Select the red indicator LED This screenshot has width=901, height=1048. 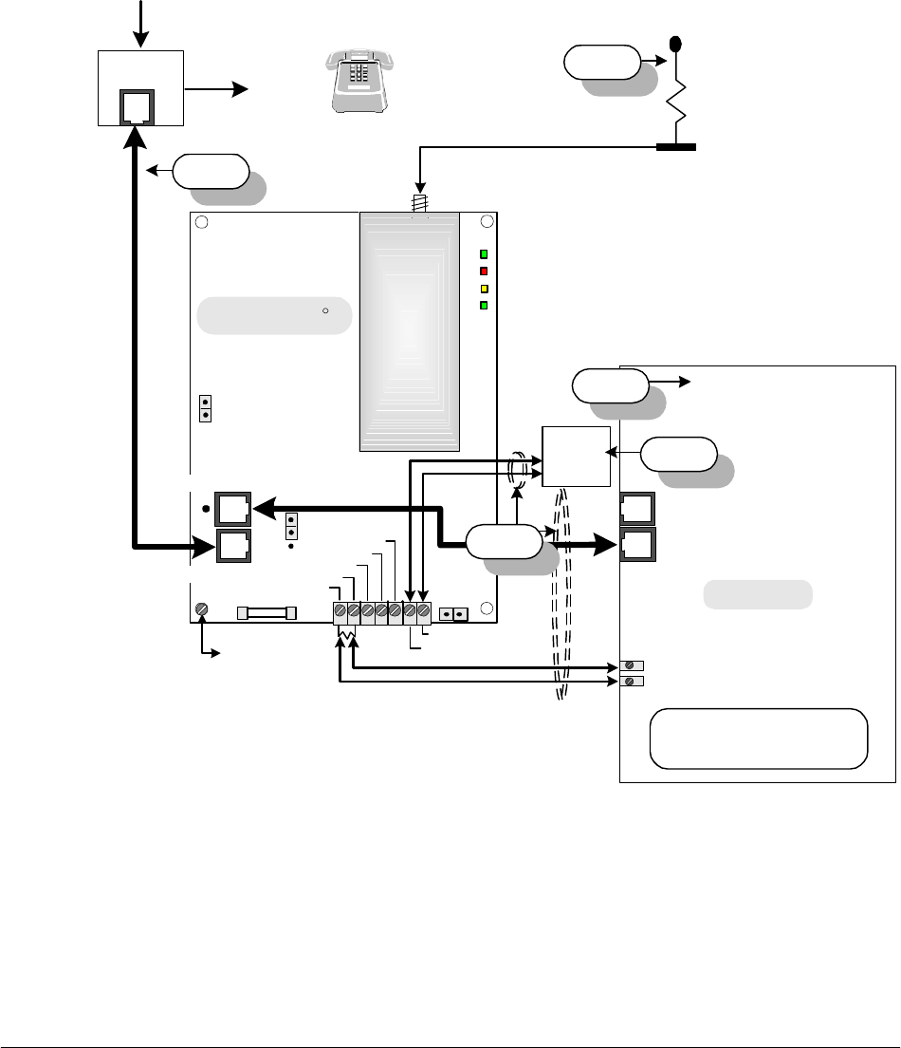pos(484,271)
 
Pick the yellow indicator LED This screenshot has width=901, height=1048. pos(484,288)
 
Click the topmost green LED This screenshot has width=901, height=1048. pos(484,254)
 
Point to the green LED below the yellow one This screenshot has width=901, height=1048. pos(484,305)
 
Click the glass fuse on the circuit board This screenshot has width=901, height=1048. pos(267,613)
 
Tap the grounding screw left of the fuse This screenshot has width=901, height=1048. pos(201,609)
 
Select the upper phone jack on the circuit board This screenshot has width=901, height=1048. pos(232,509)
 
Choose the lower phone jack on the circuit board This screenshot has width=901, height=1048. pos(232,547)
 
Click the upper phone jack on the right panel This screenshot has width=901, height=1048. pos(636,509)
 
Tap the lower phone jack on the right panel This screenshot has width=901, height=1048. pos(636,545)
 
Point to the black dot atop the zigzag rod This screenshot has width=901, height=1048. pos(675,44)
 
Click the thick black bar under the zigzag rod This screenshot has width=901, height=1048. pos(676,147)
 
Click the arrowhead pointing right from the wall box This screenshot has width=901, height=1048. pos(239,89)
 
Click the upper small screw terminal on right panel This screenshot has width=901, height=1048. pos(627,665)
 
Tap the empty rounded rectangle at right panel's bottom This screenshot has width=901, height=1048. pos(758,738)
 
